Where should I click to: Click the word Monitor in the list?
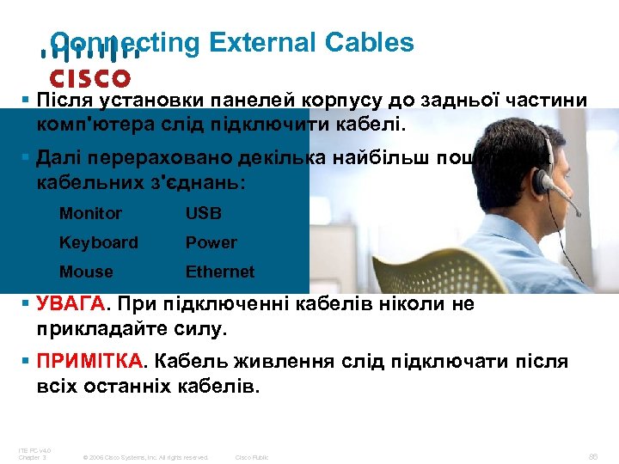(90, 213)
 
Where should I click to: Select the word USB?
(204, 213)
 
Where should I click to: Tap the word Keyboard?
(98, 242)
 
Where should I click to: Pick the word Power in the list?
(211, 242)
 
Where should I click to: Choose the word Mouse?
(86, 272)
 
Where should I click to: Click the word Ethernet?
(220, 272)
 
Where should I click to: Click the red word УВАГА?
(72, 304)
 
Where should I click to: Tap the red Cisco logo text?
(89, 78)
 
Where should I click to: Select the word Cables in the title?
(371, 42)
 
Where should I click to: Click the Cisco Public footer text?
(252, 457)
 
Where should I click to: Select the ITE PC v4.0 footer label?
(34, 451)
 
